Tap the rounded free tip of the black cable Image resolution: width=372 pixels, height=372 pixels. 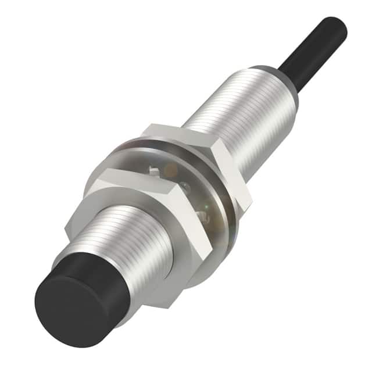click(x=338, y=26)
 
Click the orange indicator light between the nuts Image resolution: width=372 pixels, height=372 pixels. click(x=170, y=170)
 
